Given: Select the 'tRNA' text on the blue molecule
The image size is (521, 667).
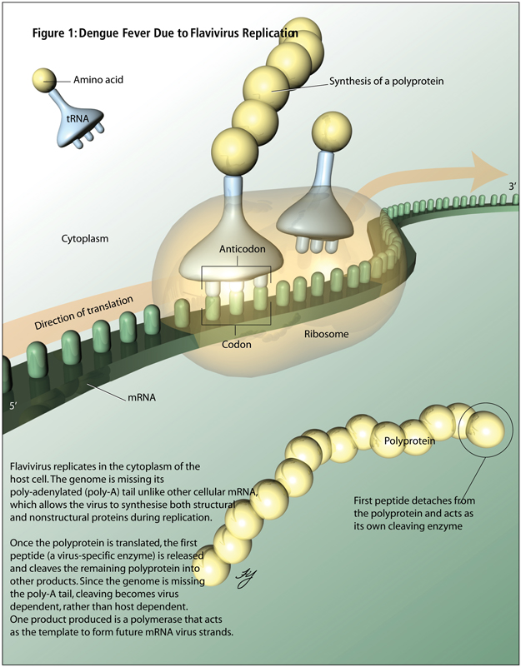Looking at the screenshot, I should pyautogui.click(x=76, y=118).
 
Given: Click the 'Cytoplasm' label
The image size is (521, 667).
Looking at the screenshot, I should pyautogui.click(x=85, y=237).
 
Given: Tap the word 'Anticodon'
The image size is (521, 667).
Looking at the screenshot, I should pyautogui.click(x=241, y=249).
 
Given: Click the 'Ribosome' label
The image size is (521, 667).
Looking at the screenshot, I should pyautogui.click(x=325, y=334).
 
